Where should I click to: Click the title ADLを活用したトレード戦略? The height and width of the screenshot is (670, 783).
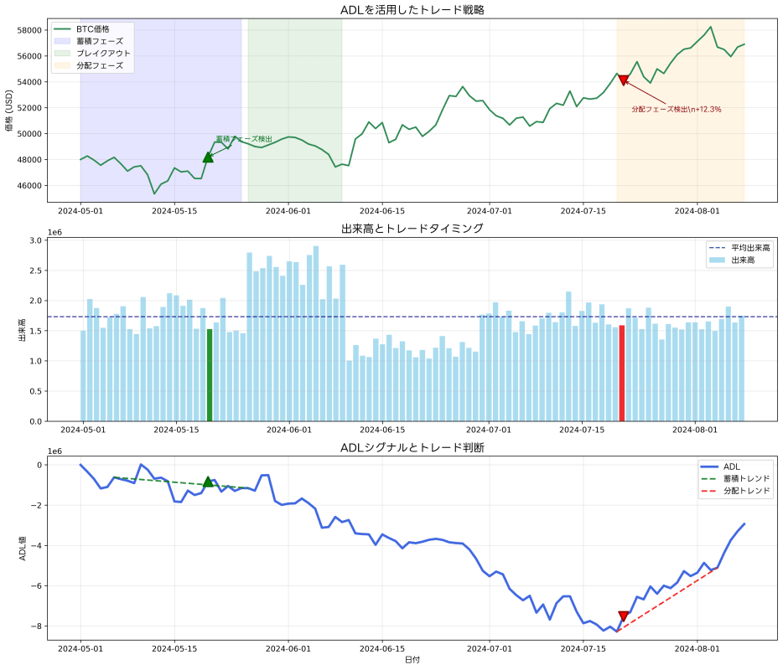412,10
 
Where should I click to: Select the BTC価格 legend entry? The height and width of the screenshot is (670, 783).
92,28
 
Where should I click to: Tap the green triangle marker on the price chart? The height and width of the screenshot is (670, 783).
208,157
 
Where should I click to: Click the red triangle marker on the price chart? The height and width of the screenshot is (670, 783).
623,80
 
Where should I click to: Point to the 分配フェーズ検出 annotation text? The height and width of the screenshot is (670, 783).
676,109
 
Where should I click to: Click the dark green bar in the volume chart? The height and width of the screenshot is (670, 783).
210,375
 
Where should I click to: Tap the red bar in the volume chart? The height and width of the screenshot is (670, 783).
622,373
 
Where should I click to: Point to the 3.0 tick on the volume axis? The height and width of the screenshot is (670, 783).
35,240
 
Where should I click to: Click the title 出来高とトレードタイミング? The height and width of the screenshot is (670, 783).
412,228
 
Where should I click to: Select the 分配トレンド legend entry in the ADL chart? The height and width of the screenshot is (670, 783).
743,491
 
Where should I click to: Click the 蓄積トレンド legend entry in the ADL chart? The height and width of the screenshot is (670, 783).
743,478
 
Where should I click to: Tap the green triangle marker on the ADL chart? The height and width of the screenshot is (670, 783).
208,482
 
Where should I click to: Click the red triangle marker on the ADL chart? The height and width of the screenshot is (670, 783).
623,616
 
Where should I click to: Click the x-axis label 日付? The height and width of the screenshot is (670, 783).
412,660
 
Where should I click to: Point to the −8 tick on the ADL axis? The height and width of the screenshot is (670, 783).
36,626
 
